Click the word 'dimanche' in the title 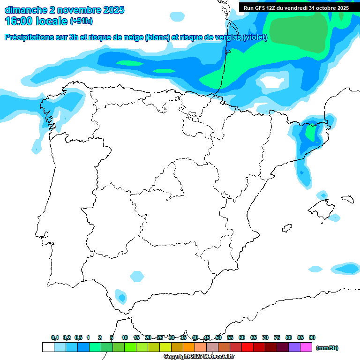pos(25,10)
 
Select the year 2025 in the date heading pos(112,10)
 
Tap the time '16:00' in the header pos(19,21)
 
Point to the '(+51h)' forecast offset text pos(81,21)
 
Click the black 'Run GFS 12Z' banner pos(296,7)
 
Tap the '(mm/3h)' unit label pos(327,348)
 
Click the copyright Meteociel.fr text pos(199,356)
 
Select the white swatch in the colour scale pos(48,347)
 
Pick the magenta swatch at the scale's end pos(306,347)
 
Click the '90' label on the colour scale pos(312,337)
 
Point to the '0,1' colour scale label pos(54,337)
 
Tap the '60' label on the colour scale pos(242,337)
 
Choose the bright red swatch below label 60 pos(247,347)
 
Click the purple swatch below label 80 pos(294,347)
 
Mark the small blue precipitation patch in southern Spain pos(122,297)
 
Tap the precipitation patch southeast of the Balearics pos(347,269)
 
